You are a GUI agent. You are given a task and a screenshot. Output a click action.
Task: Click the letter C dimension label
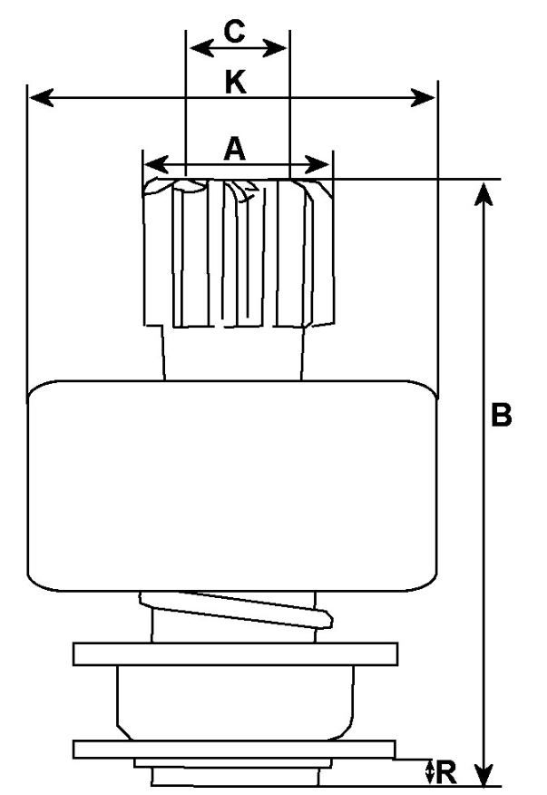(235, 32)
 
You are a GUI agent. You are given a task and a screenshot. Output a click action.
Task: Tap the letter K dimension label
(235, 83)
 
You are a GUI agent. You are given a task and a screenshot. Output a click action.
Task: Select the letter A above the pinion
(235, 149)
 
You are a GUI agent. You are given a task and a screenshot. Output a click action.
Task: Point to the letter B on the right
(502, 416)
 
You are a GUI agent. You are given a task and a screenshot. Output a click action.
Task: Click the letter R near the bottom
(445, 772)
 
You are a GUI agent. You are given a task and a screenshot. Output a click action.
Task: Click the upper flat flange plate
(236, 653)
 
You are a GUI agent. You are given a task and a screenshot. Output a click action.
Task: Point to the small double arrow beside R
(429, 772)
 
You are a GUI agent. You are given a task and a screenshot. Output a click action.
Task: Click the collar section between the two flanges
(235, 701)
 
